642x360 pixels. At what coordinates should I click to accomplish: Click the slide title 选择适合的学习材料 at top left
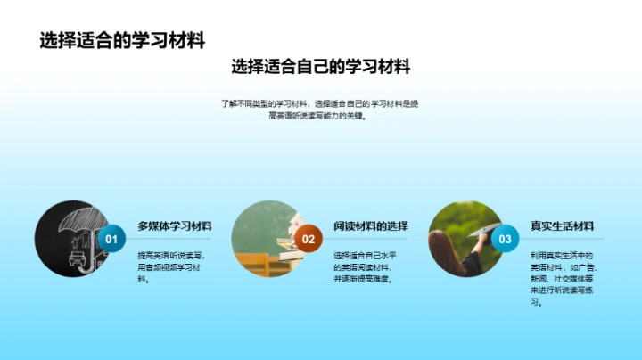pyautogui.click(x=123, y=41)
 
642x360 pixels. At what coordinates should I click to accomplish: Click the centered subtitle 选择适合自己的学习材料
pyautogui.click(x=321, y=67)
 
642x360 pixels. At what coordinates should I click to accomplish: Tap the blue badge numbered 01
pyautogui.click(x=111, y=239)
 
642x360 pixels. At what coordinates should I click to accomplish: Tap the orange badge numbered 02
pyautogui.click(x=309, y=239)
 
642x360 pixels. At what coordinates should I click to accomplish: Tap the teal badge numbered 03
pyautogui.click(x=506, y=239)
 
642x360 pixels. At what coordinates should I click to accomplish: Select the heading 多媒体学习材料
pyautogui.click(x=175, y=225)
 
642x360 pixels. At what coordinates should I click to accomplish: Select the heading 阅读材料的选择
pyautogui.click(x=370, y=225)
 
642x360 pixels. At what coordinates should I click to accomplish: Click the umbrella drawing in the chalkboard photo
pyautogui.click(x=76, y=223)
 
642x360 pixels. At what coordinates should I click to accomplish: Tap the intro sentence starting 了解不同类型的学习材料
pyautogui.click(x=321, y=109)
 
